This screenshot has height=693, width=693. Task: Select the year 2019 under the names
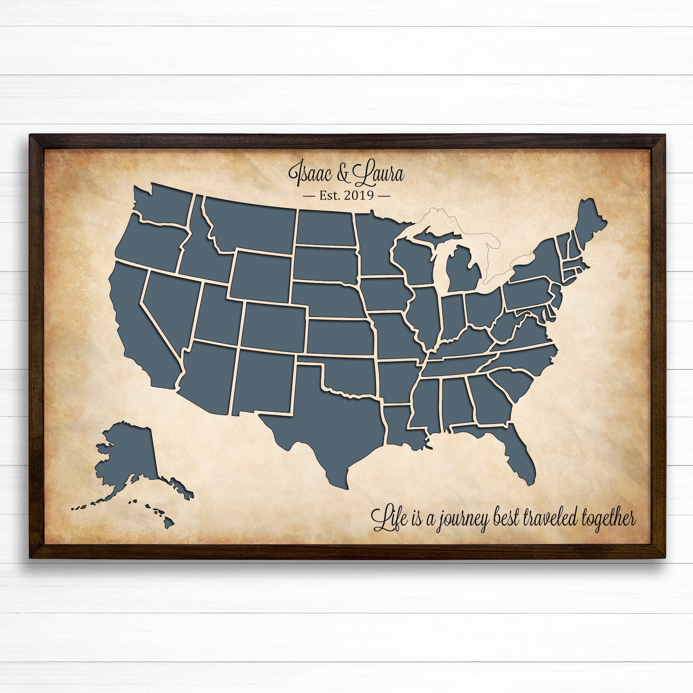point(359,195)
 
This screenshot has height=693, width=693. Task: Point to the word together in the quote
point(609,519)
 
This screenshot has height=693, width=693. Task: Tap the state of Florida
point(515,441)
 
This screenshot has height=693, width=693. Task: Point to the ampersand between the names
point(343,174)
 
